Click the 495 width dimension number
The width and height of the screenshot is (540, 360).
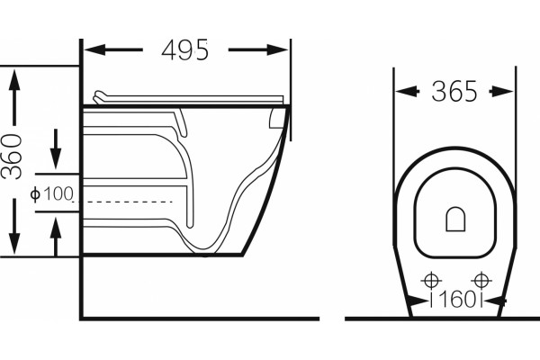coord(184,50)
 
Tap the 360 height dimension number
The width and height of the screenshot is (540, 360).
coord(12,157)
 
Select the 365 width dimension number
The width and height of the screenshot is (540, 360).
coord(454,91)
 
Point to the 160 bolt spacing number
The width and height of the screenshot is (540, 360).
coord(456,300)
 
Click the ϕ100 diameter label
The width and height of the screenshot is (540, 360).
coord(51,194)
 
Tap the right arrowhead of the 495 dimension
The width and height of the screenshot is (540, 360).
coord(277,50)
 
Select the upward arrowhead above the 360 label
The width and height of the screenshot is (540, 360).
coord(14,79)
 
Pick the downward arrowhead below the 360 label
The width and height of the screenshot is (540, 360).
coord(14,243)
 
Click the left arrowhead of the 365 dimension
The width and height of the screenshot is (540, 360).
coord(405,92)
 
